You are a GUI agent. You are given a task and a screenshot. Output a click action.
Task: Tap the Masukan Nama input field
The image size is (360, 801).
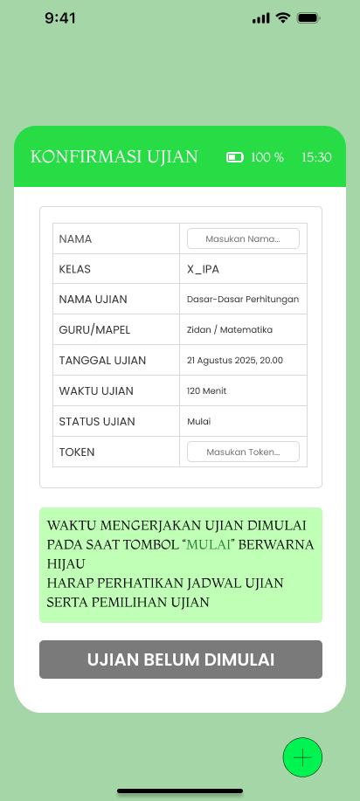(x=243, y=238)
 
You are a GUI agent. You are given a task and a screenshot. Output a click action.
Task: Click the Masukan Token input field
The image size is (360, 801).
(x=243, y=452)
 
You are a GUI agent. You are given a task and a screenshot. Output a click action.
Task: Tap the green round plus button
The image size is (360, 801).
(x=302, y=757)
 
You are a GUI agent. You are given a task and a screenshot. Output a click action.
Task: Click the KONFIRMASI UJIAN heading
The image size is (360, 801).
(x=114, y=157)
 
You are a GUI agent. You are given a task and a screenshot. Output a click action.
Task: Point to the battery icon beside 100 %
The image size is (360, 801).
(x=235, y=157)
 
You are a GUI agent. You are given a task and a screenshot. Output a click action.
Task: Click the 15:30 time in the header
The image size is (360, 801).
(x=316, y=158)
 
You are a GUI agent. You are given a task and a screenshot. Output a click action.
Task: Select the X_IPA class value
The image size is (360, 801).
(x=204, y=269)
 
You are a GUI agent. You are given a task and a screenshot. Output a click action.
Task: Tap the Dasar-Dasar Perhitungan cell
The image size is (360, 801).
(x=243, y=300)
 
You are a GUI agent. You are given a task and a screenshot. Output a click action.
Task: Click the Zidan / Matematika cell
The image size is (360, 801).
(x=230, y=330)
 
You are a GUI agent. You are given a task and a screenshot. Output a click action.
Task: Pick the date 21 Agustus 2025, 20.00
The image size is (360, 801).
(x=235, y=361)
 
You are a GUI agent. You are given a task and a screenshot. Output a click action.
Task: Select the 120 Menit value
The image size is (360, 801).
(x=207, y=391)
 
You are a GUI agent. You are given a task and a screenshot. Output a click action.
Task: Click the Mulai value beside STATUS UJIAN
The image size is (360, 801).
(x=199, y=422)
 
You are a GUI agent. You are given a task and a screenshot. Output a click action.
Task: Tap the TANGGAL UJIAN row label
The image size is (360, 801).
(x=102, y=361)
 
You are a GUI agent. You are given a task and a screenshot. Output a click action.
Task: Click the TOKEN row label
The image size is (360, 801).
(x=77, y=452)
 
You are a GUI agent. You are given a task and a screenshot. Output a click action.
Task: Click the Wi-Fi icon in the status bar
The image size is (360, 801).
(x=283, y=18)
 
